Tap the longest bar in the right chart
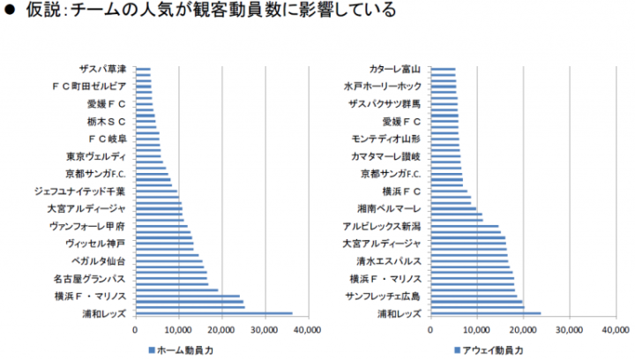tap(485, 312)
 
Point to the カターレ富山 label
tap(395, 69)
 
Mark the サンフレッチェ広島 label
tap(383, 296)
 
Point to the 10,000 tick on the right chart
tap(477, 330)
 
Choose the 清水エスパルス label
tap(388, 261)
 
